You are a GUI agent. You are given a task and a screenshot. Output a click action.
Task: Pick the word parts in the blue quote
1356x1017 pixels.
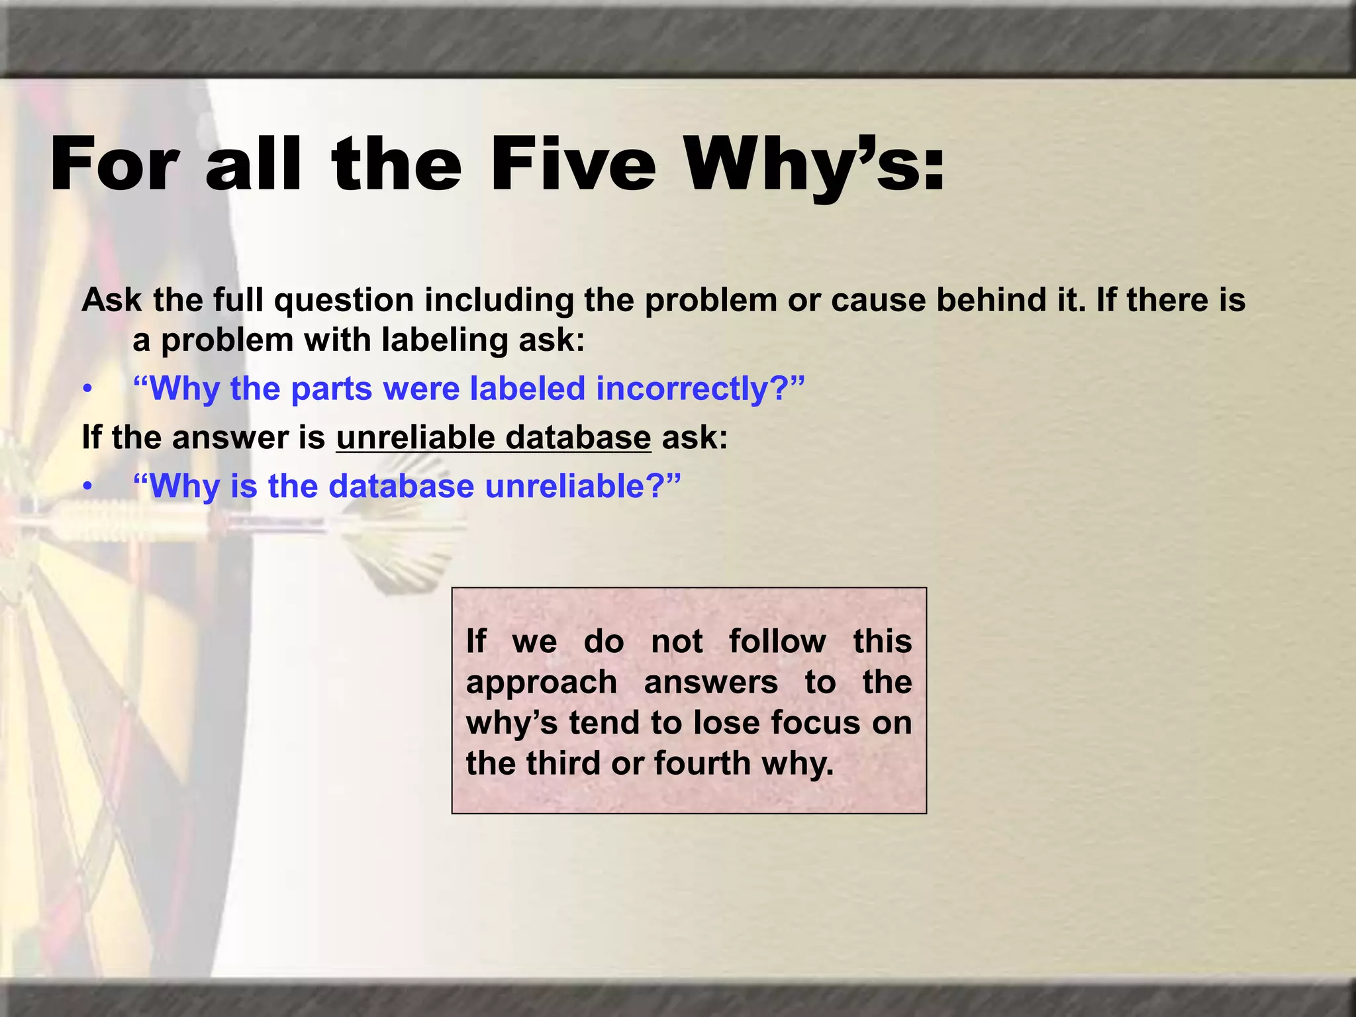(331, 389)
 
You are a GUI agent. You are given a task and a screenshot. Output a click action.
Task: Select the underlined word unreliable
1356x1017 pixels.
(415, 438)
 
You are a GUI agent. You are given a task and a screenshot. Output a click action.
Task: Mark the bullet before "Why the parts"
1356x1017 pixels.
(87, 390)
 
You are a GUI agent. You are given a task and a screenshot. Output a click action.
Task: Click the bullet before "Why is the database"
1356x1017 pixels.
(87, 487)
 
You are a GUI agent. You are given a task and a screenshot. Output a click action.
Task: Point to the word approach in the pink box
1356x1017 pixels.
(541, 682)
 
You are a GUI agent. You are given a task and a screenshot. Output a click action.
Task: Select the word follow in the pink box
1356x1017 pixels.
(777, 641)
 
